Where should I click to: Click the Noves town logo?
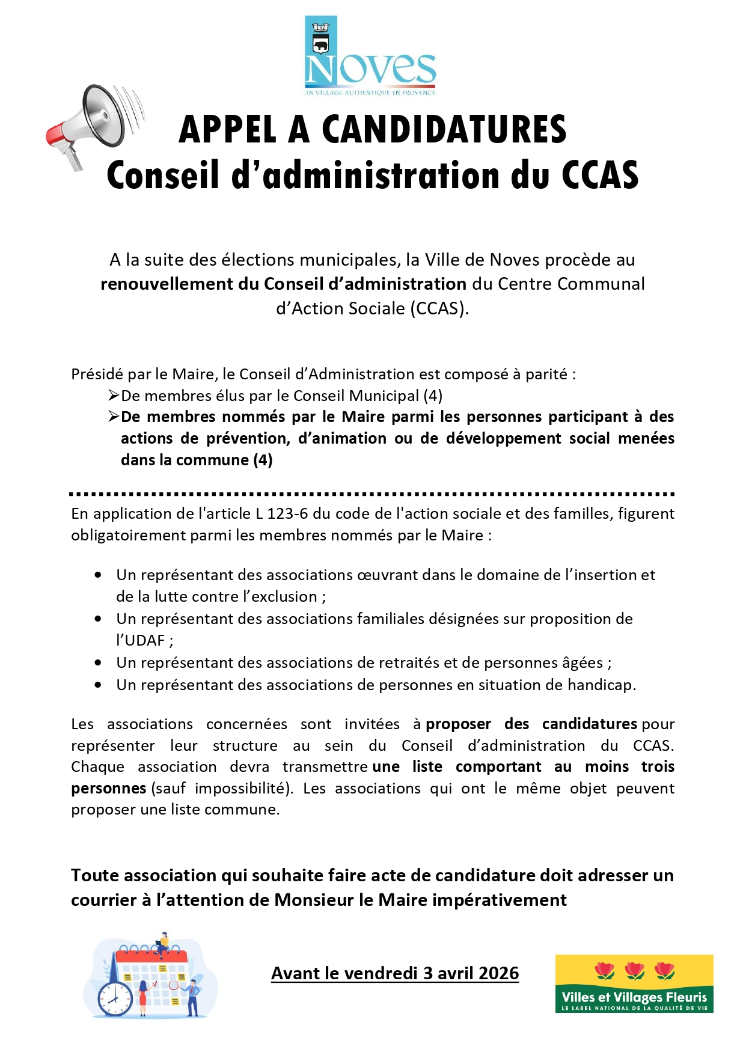tap(370, 57)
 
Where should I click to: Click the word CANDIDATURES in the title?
tap(444, 129)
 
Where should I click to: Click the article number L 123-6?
tap(282, 514)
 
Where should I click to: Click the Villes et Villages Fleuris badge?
tap(634, 983)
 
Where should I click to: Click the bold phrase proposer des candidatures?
tap(531, 724)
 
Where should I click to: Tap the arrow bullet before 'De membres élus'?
tap(114, 396)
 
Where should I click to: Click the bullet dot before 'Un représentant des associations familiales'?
tap(98, 619)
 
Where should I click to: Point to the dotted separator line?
tap(372, 494)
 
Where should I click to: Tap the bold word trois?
tap(658, 767)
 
